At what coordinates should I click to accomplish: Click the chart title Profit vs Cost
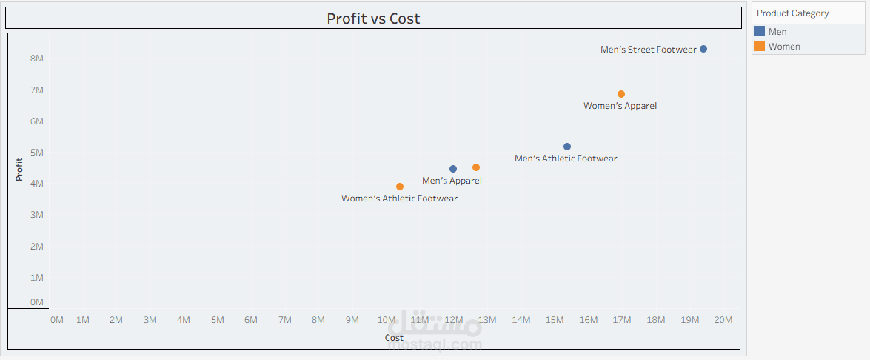373,19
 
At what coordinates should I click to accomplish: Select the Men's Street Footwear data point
703,49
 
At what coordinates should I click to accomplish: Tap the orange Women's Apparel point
621,94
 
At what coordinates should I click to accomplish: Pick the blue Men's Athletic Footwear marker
567,147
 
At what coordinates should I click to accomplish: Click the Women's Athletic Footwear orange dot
400,187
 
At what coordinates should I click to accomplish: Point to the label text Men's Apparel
452,181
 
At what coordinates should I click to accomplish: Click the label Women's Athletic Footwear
399,199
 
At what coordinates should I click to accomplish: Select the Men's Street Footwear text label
649,50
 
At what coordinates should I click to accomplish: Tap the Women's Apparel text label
620,106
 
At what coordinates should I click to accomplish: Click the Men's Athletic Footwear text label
566,159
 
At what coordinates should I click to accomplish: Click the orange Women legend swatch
760,47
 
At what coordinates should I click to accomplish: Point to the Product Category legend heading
792,13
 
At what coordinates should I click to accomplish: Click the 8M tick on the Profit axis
36,59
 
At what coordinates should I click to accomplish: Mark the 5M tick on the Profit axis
36,153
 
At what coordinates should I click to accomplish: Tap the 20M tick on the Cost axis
723,320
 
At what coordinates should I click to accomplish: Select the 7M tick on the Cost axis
284,320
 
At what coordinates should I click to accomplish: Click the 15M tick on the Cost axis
555,320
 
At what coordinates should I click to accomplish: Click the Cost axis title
394,338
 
